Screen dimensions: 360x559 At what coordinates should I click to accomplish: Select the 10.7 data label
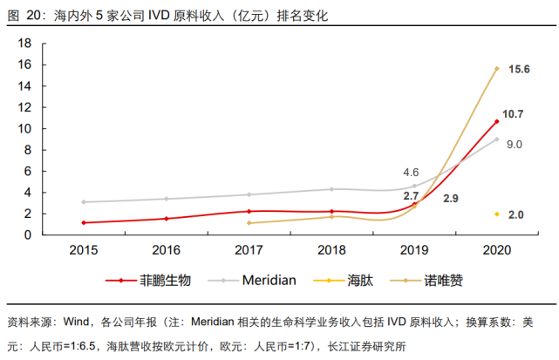[x=514, y=114]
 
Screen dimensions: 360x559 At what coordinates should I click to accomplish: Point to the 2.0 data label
[x=515, y=214]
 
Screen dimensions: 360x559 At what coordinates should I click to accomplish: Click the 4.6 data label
[x=411, y=172]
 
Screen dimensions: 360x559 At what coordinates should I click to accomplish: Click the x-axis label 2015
[x=83, y=249]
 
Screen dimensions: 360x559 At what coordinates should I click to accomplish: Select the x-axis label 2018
[x=331, y=249]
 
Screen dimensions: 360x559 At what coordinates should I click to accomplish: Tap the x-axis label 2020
[x=496, y=249]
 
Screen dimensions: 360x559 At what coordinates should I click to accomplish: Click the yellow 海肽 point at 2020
[x=496, y=214]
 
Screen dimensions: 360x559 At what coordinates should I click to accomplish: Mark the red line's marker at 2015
[x=83, y=223]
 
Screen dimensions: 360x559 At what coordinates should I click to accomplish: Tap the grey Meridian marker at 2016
[x=166, y=199]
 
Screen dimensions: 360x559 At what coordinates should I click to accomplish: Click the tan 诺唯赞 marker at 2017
[x=249, y=223]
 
